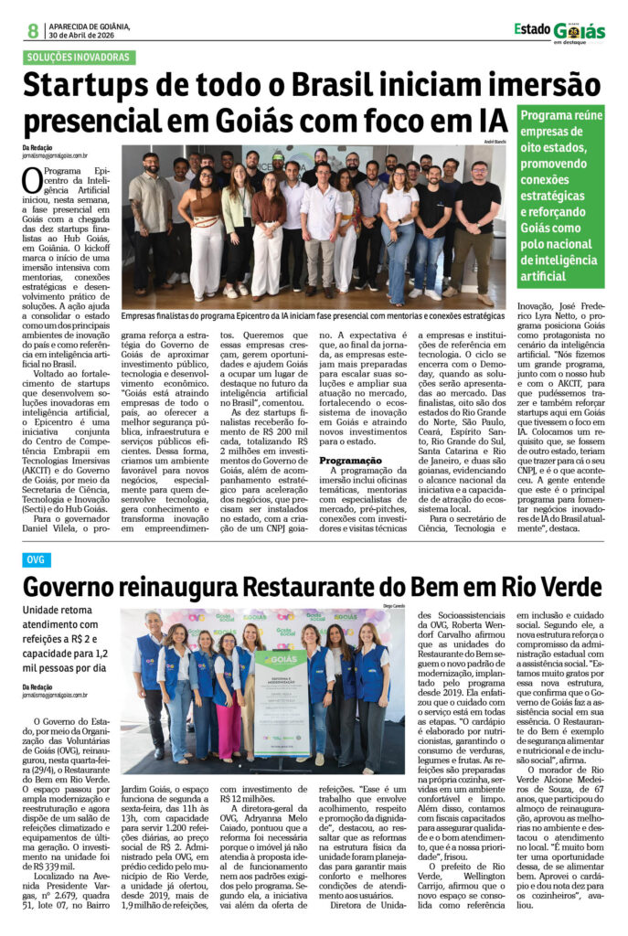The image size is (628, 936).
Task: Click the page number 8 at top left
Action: pyautogui.click(x=33, y=30)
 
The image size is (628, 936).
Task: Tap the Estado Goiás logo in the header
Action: pyautogui.click(x=559, y=31)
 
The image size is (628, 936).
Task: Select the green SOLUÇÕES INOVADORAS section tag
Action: pyautogui.click(x=80, y=58)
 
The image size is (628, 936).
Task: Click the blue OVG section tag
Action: pyautogui.click(x=37, y=559)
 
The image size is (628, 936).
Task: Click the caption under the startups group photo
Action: pyautogui.click(x=314, y=314)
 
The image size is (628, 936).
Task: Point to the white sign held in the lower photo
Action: pyautogui.click(x=280, y=703)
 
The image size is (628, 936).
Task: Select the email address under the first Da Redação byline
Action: pyautogui.click(x=55, y=156)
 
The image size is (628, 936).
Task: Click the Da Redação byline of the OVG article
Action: pyautogui.click(x=37, y=686)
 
